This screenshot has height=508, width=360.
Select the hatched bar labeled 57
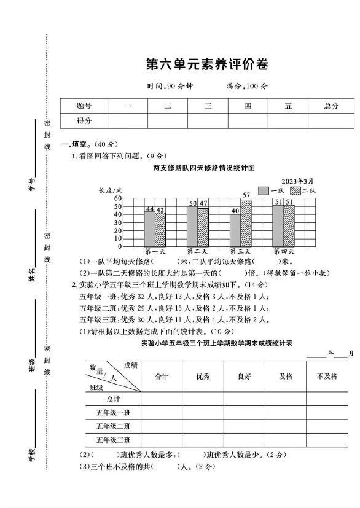[x=246, y=222]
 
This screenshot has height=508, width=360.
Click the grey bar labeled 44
[x=149, y=229]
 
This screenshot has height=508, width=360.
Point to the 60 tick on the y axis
[x=117, y=198]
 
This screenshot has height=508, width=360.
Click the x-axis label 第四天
[x=284, y=251]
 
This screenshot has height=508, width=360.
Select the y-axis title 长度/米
[x=111, y=190]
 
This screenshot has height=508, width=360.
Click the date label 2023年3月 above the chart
[x=297, y=181]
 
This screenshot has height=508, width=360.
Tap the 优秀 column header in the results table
[x=203, y=376]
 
